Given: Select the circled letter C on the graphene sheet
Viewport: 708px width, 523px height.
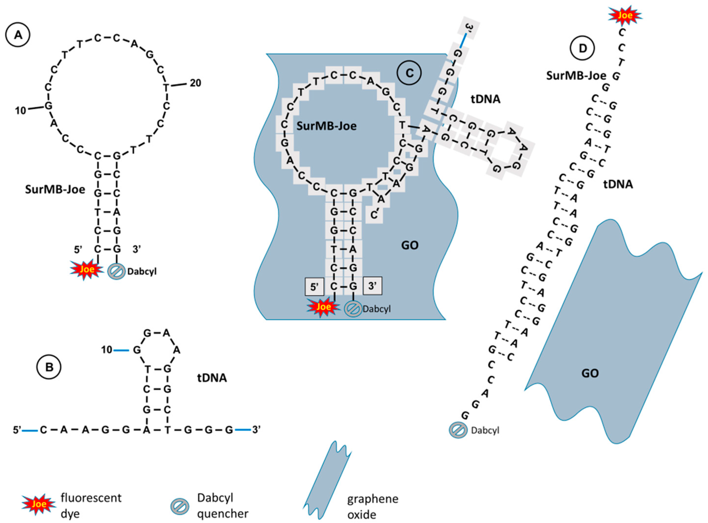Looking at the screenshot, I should click(x=409, y=73).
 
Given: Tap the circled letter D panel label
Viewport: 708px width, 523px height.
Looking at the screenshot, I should click(x=582, y=48).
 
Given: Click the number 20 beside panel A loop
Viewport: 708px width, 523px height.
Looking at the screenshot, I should click(x=195, y=83).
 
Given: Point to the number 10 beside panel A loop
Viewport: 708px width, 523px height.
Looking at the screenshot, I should click(x=21, y=111).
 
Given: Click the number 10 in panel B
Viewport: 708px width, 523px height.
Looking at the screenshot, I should click(x=107, y=350).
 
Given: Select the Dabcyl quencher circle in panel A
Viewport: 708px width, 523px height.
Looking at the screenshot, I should click(x=117, y=272).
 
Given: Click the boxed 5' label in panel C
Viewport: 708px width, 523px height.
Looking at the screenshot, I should click(x=314, y=287).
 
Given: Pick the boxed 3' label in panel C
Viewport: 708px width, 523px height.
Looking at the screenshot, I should click(x=372, y=286).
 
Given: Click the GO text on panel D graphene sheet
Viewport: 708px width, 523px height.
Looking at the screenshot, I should click(x=590, y=373).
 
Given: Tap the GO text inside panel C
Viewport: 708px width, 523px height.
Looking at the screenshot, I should click(x=410, y=245).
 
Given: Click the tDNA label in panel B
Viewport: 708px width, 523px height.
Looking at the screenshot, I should click(x=212, y=378).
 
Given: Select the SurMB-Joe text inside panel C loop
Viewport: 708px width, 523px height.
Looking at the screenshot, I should click(x=326, y=126).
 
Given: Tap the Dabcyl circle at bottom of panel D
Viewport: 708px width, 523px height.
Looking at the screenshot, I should click(x=458, y=430).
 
